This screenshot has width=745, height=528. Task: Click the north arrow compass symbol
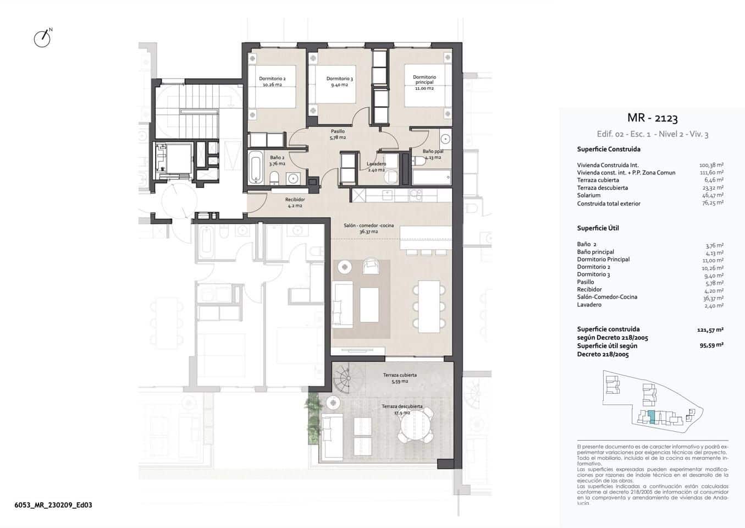pos(42,38)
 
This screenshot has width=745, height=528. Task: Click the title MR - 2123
pos(652,118)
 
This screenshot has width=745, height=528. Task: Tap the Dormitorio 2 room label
pos(272,81)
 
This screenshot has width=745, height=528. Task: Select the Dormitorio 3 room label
pos(339,81)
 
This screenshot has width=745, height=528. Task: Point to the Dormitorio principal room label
pos(424,82)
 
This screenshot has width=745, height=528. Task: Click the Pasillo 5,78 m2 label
pos(338,134)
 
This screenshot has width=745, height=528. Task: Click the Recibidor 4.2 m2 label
pos(295,202)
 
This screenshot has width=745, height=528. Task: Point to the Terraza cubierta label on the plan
pos(400,378)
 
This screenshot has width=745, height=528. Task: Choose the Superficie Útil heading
pos(598,228)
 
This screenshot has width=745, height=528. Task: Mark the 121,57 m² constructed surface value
pos(709,329)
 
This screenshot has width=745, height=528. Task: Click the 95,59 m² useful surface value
pos(711,345)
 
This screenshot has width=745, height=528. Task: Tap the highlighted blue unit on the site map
pos(652,417)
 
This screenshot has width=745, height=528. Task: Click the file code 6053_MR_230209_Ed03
pos(53,505)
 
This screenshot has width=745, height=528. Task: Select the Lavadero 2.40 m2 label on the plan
pos(377,167)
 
